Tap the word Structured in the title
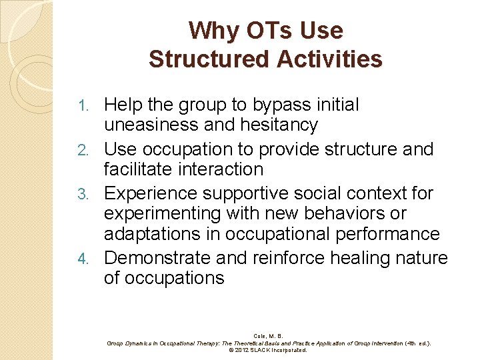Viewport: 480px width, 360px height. (201, 59)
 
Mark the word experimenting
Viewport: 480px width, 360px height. (163, 213)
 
